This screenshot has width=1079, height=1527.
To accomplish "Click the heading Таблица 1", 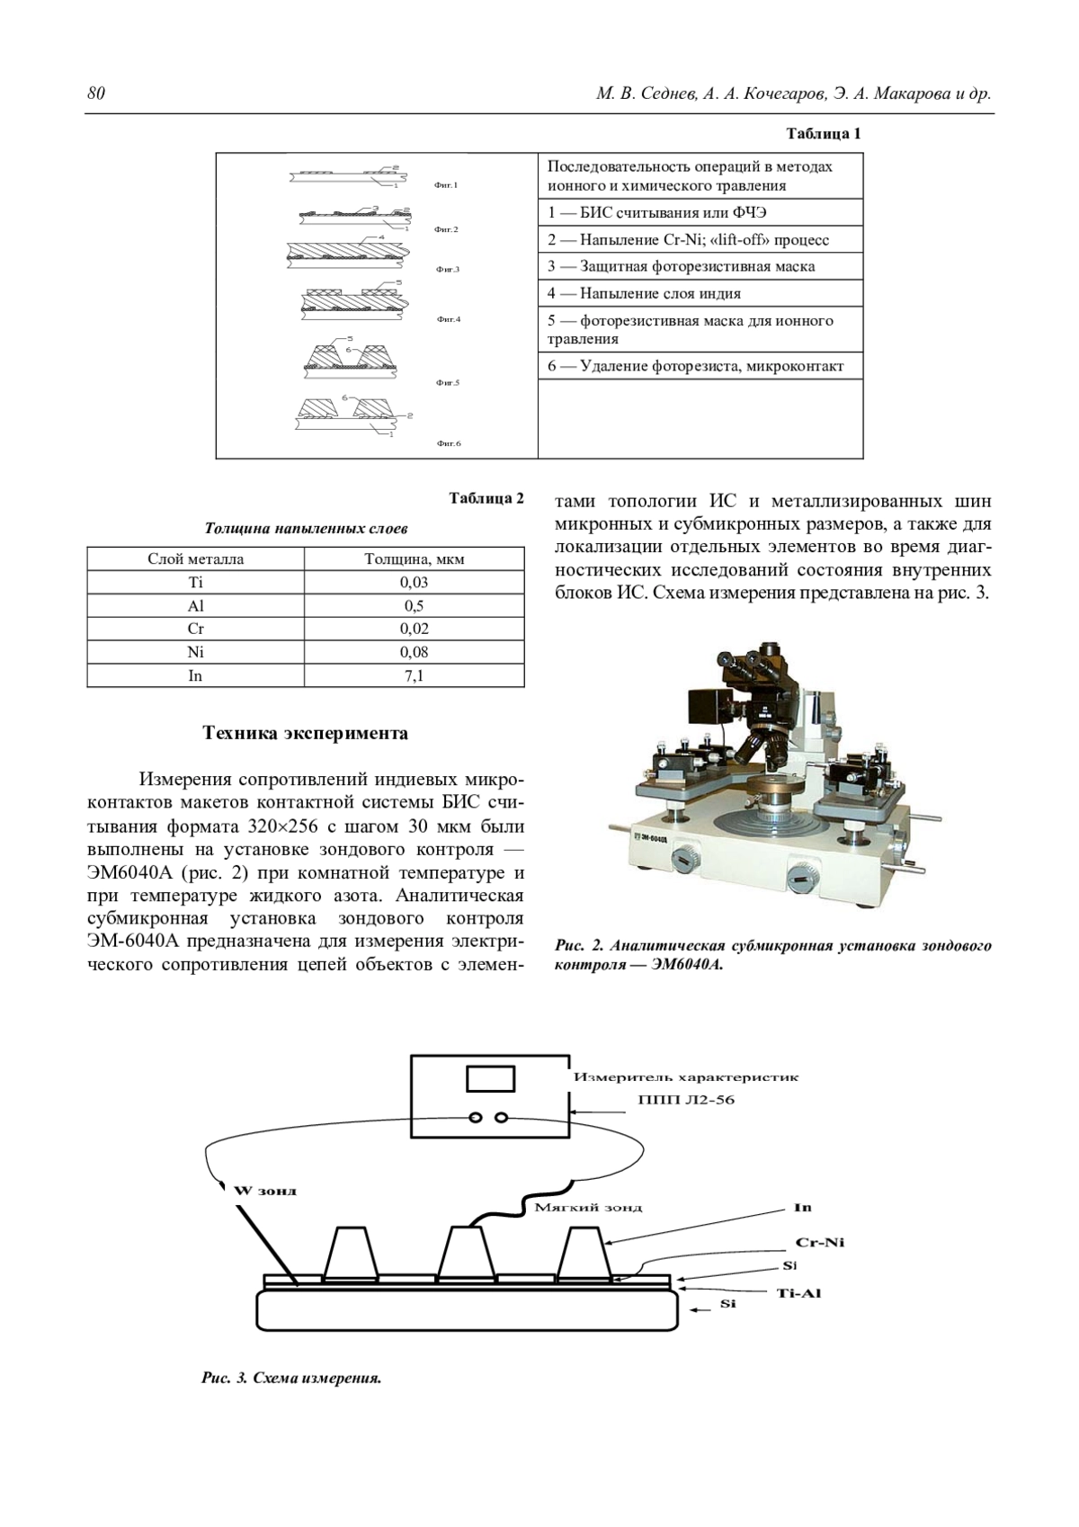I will [x=824, y=134].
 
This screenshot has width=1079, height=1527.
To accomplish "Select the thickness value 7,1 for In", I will [x=414, y=675].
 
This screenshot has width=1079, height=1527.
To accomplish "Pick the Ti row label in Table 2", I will [x=195, y=582].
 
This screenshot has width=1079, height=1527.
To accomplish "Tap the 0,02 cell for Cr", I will [x=414, y=629].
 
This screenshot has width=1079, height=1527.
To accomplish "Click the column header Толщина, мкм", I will [x=414, y=558].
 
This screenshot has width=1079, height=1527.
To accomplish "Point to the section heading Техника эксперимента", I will [x=306, y=733].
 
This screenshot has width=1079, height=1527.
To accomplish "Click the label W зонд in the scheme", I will [x=265, y=1191].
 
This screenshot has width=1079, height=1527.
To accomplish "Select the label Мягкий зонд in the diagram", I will [x=588, y=1207].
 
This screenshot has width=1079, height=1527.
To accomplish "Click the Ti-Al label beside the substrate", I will [x=798, y=1293].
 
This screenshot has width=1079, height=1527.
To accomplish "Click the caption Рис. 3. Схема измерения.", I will [x=291, y=1378].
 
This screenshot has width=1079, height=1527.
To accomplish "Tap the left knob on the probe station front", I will [x=685, y=858].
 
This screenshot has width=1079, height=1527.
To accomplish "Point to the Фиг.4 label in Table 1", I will [x=448, y=319].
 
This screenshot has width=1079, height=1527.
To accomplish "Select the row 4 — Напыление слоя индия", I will [x=644, y=293].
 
